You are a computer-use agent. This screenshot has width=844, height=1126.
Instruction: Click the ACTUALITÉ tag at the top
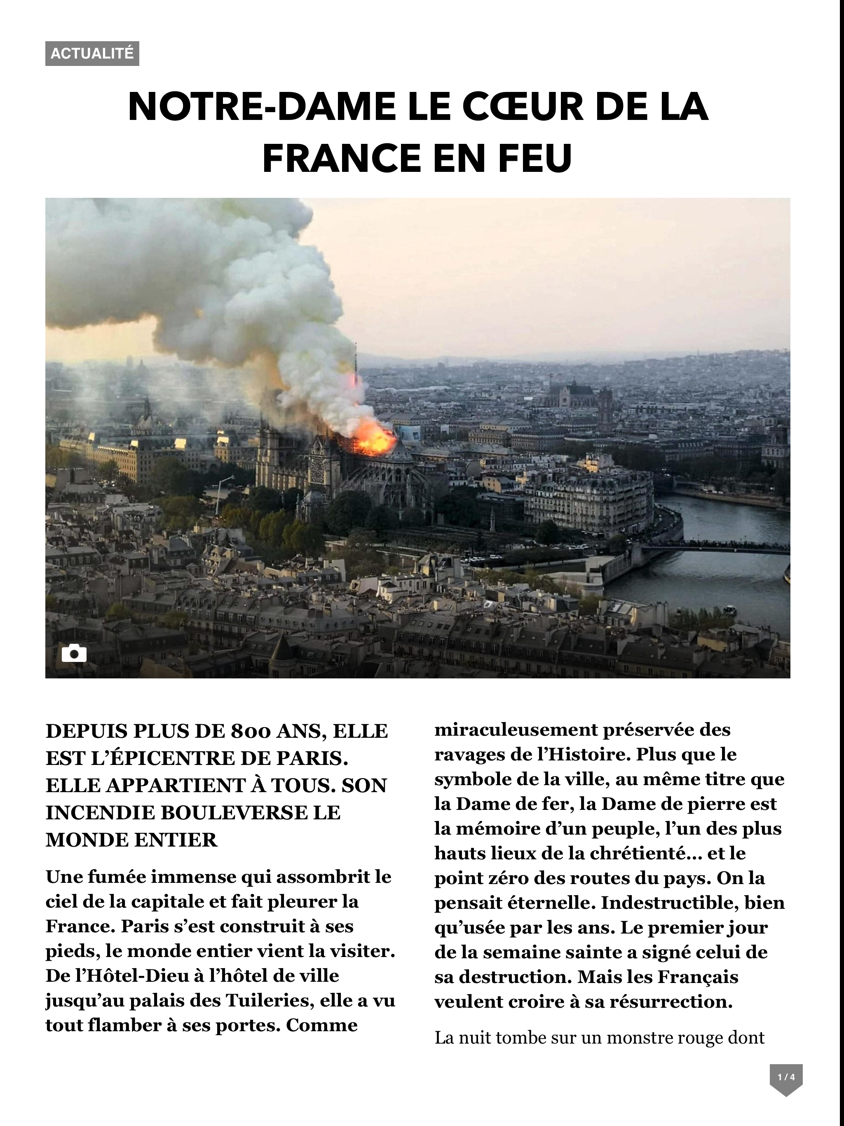tap(92, 54)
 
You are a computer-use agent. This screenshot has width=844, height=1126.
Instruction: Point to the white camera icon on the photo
tap(74, 653)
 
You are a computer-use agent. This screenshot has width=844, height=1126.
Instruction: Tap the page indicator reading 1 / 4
tap(786, 1077)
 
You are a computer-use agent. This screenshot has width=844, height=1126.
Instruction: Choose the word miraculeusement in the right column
tap(515, 730)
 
